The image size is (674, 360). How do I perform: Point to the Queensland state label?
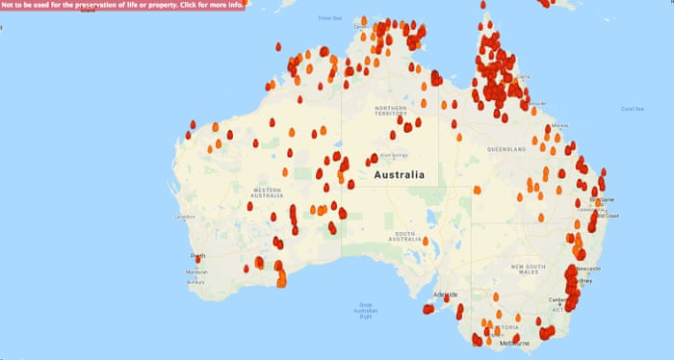tap(506, 150)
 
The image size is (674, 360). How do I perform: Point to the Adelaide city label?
tap(445, 294)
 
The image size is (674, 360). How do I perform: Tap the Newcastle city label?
tap(587, 268)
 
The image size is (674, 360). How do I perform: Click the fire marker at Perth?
tap(198, 259)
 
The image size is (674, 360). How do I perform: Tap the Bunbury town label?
tap(196, 283)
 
